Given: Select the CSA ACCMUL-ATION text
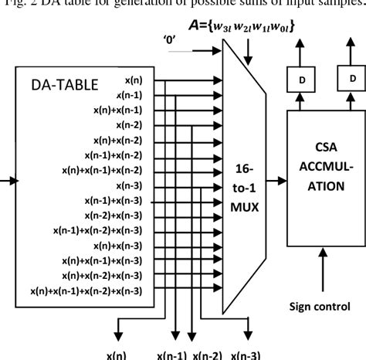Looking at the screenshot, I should pyautogui.click(x=318, y=172).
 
